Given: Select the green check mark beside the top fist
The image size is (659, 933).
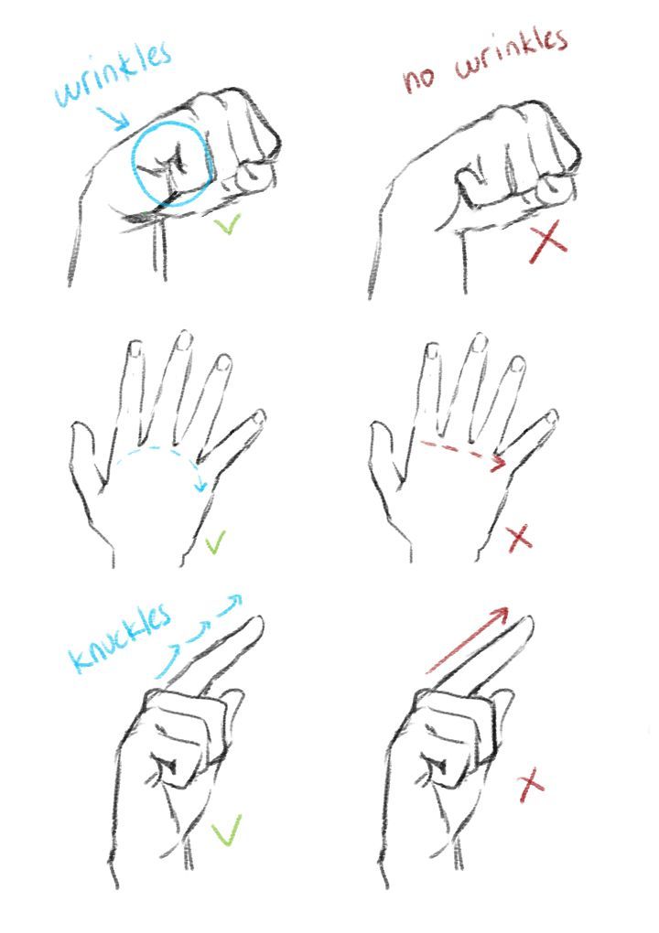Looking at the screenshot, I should point(226,226).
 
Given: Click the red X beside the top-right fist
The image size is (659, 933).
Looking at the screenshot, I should point(547,245).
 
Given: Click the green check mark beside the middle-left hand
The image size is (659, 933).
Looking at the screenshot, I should point(216,545).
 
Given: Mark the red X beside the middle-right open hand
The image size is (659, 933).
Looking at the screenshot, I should point(519,537).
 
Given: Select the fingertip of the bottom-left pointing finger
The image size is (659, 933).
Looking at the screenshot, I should point(255,624).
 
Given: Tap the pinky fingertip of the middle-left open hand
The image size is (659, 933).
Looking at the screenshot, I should point(259,416).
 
